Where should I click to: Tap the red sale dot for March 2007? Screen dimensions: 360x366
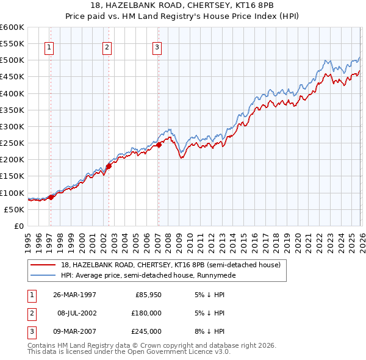158,145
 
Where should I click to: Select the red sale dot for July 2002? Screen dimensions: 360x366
109,165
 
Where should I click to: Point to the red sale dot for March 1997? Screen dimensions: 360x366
51,196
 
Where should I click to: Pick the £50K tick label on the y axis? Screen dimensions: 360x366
14,209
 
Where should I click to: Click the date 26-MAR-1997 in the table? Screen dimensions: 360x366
75,295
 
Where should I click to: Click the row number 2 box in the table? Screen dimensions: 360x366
30,313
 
